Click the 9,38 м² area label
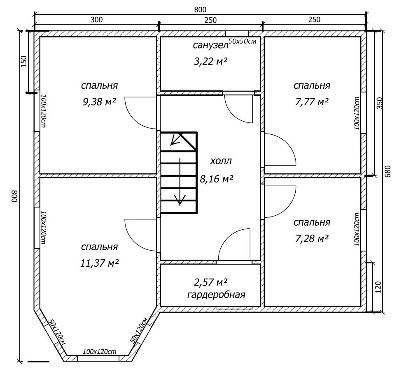(x=100, y=102)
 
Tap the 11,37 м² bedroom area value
(x=100, y=263)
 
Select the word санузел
(x=211, y=45)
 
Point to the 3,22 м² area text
(x=210, y=62)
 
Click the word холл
(x=221, y=161)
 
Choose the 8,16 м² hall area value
(x=217, y=179)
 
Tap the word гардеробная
(x=216, y=295)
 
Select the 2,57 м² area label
(x=210, y=282)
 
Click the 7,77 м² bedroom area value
(x=312, y=102)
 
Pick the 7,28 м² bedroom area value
(x=312, y=238)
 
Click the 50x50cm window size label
(x=242, y=41)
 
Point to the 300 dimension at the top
(x=97, y=20)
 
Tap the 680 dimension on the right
(x=387, y=172)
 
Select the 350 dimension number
(x=379, y=103)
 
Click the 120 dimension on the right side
(x=378, y=287)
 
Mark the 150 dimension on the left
(x=23, y=62)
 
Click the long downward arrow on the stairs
(x=180, y=182)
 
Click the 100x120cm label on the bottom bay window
(x=100, y=352)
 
